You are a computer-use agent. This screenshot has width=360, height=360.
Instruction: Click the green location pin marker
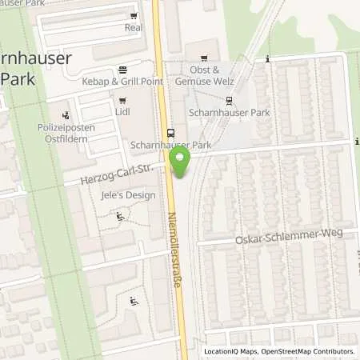tap(181, 162)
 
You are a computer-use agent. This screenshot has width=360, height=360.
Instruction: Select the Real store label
tap(132, 26)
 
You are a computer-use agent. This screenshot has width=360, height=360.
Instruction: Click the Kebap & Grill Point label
tap(122, 82)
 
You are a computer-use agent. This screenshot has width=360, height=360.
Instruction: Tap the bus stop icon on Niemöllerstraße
tap(170, 133)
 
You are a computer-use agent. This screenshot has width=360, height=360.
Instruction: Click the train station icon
tap(230, 101)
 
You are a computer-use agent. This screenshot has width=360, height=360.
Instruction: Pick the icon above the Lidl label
tap(122, 101)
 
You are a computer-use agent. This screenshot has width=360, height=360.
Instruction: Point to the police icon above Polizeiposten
tap(66, 115)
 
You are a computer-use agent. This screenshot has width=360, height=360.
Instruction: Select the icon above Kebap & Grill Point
tap(122, 70)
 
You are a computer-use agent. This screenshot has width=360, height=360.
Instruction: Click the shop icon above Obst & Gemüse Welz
tap(203, 57)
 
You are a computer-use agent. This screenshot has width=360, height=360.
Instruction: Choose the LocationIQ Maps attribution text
tap(231, 351)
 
